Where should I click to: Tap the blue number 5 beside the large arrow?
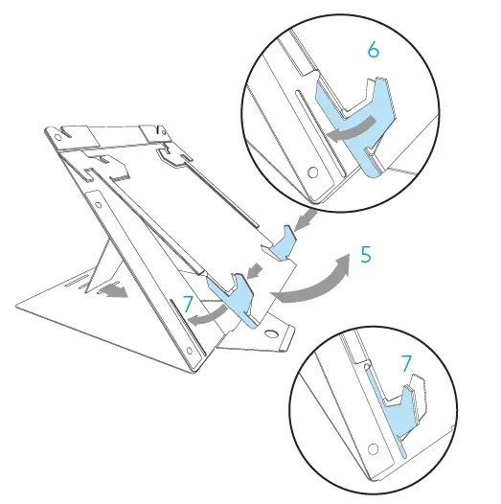click(x=366, y=256)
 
